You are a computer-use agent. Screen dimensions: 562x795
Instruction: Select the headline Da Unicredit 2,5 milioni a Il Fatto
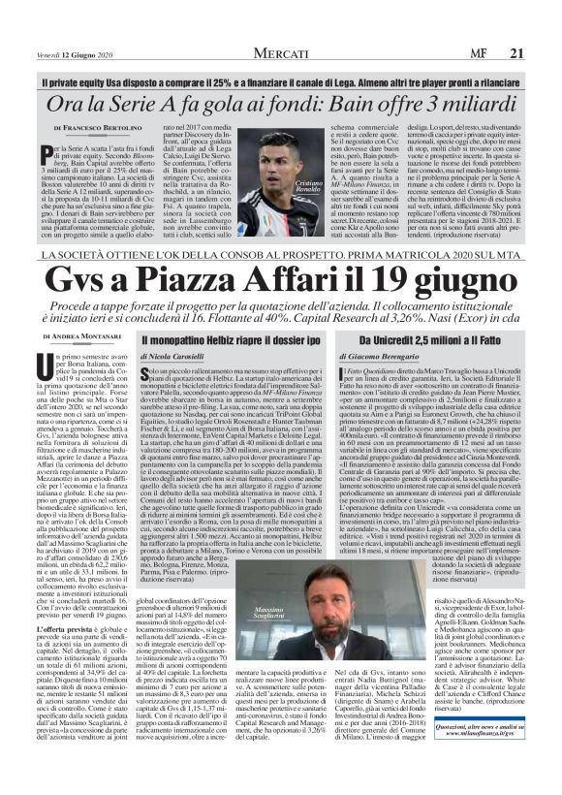(422, 340)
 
